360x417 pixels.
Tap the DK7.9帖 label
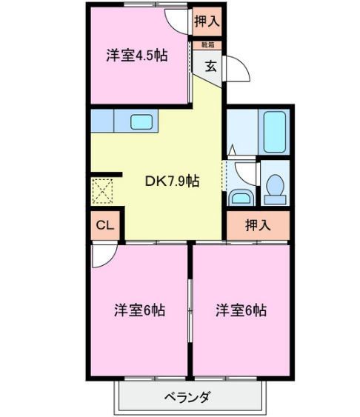coord(171,180)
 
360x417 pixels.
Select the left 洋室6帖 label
coord(139,310)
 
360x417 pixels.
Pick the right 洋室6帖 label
coord(241,310)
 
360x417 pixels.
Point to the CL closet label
coord(104,224)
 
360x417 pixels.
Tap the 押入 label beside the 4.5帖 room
coord(207,21)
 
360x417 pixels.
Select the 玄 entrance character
coord(210,66)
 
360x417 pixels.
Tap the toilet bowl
coord(274,187)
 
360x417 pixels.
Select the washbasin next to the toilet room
coord(240,197)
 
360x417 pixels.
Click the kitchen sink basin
coord(141,121)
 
